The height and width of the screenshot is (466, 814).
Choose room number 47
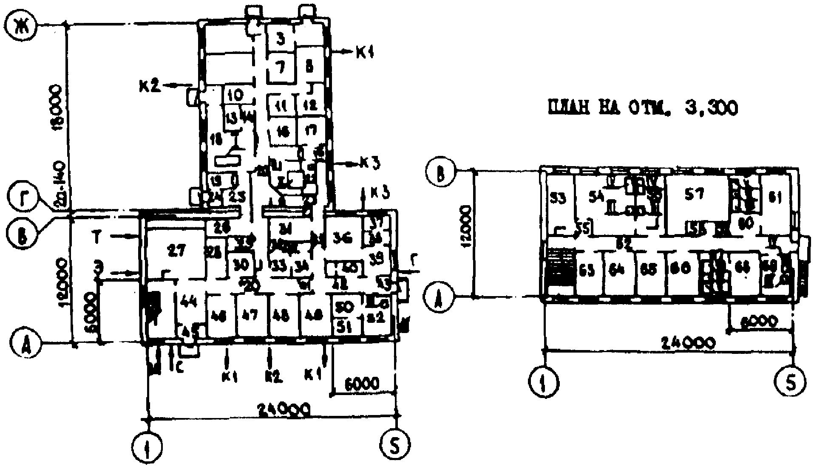click(250, 316)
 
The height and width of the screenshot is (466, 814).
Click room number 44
click(188, 302)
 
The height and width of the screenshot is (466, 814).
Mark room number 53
click(557, 199)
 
